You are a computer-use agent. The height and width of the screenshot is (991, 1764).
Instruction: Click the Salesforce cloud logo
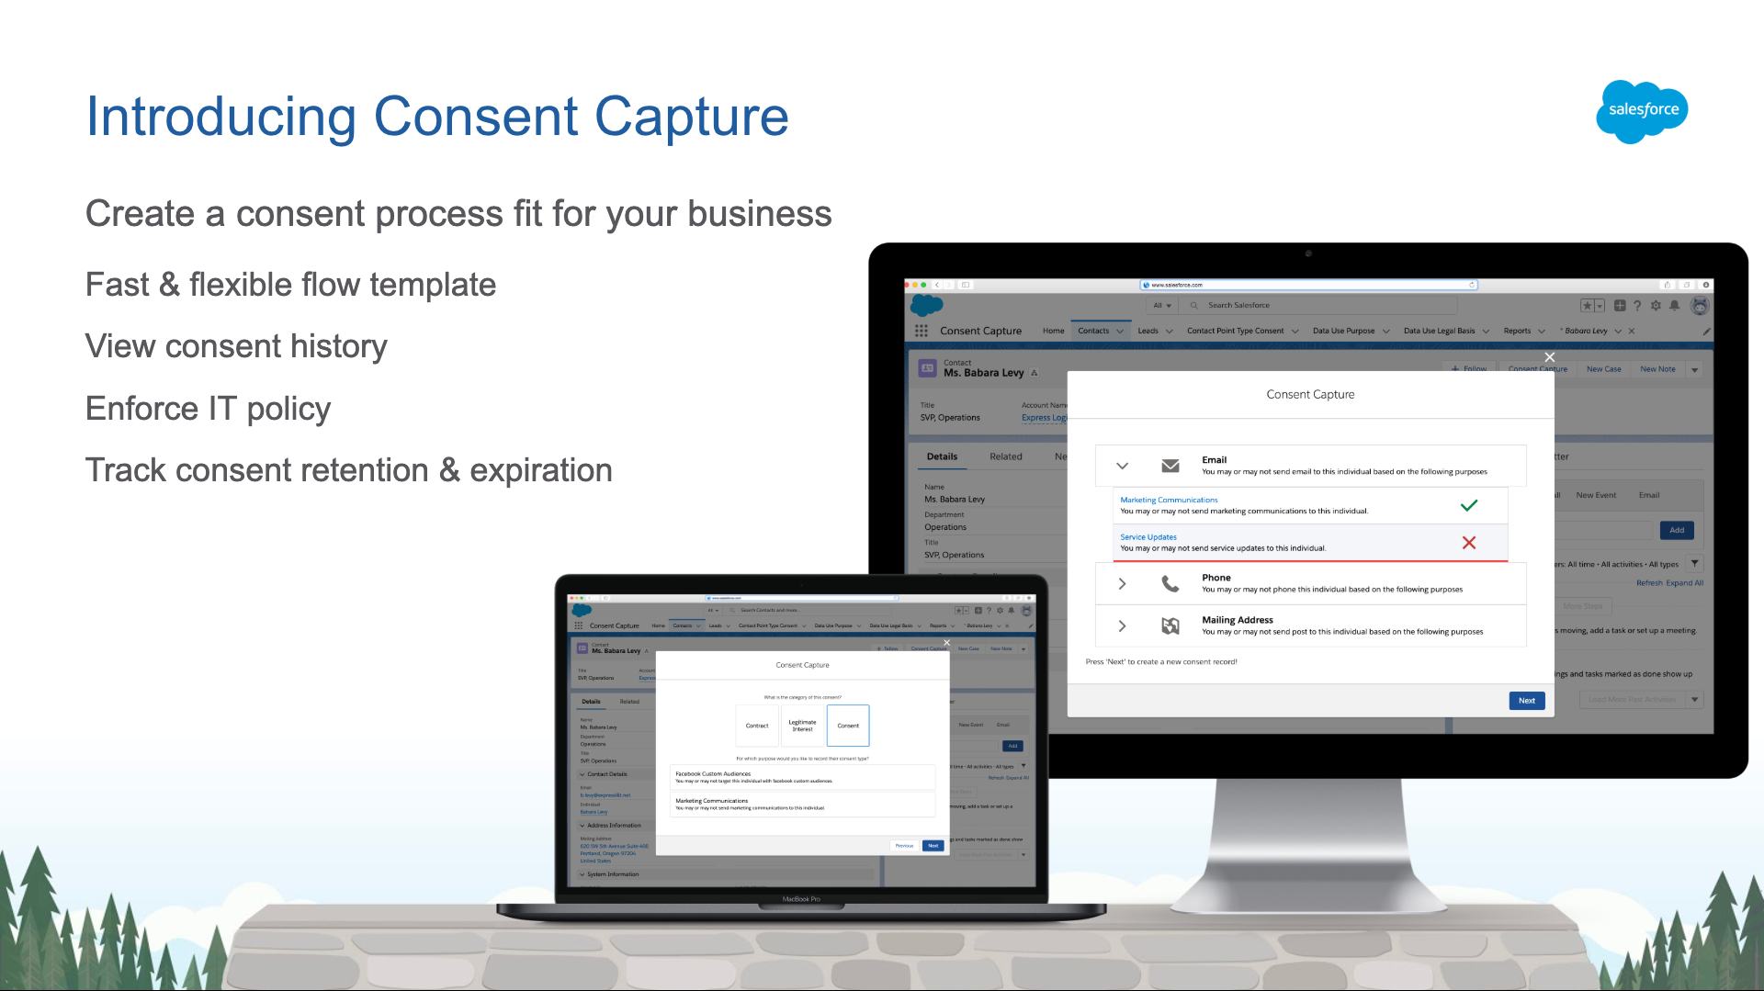[x=1642, y=111]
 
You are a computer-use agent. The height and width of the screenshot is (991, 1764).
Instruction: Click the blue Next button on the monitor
[x=1526, y=701]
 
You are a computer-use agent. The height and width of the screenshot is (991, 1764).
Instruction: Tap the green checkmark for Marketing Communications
[x=1468, y=505]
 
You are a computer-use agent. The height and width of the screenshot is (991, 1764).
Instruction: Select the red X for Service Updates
[x=1468, y=543]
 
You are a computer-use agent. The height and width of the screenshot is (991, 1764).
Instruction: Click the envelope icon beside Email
[x=1170, y=466]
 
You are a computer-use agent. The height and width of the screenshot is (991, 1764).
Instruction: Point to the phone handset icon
[x=1170, y=583]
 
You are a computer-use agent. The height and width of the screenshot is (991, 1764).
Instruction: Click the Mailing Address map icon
[x=1170, y=625]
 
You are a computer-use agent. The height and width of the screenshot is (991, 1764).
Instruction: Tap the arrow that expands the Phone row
[x=1122, y=583]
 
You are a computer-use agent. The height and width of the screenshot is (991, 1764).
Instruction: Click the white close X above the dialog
[x=1549, y=357]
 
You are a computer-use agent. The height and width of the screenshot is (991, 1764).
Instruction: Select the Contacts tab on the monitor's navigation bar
[x=1093, y=331]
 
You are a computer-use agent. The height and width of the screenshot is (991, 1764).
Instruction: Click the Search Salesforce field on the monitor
[x=1323, y=305]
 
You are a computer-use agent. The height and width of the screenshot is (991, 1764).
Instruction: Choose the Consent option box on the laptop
[x=848, y=726]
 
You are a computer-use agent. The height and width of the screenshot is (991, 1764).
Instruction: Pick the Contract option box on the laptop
[x=757, y=726]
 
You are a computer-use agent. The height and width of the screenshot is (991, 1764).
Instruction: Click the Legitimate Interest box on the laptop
[x=802, y=726]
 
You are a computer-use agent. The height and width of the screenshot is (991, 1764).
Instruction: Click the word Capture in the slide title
[x=691, y=118]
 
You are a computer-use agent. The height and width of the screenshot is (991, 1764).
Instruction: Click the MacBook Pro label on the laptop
[x=801, y=899]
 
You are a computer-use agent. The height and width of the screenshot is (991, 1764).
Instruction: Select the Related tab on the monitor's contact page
[x=1005, y=456]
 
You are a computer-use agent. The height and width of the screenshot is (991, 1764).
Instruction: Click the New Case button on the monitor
[x=1603, y=369]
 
